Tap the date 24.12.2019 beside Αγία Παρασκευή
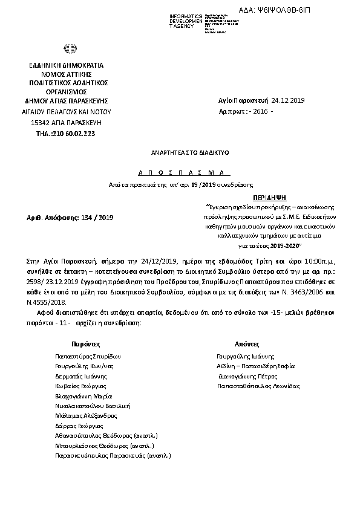tap(289, 101)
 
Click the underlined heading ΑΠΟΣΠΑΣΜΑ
tap(181, 172)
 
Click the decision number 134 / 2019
tap(97, 217)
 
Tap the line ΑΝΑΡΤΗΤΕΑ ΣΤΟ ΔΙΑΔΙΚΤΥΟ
tap(181, 154)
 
